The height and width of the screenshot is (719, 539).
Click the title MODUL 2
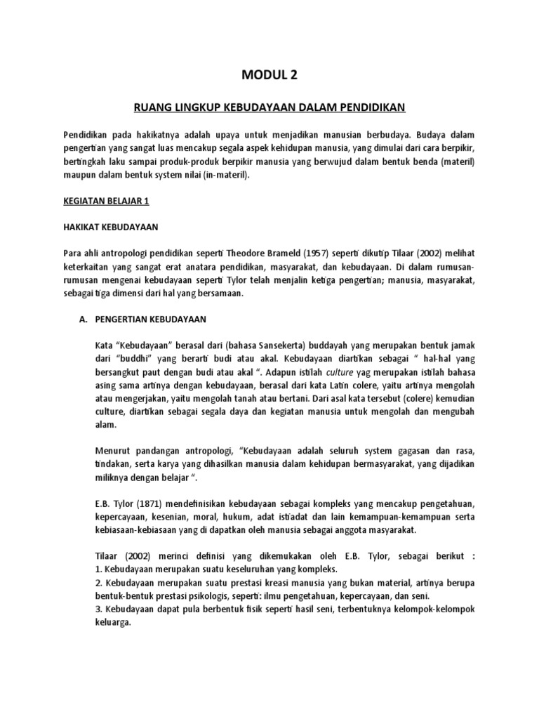[269, 74]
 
